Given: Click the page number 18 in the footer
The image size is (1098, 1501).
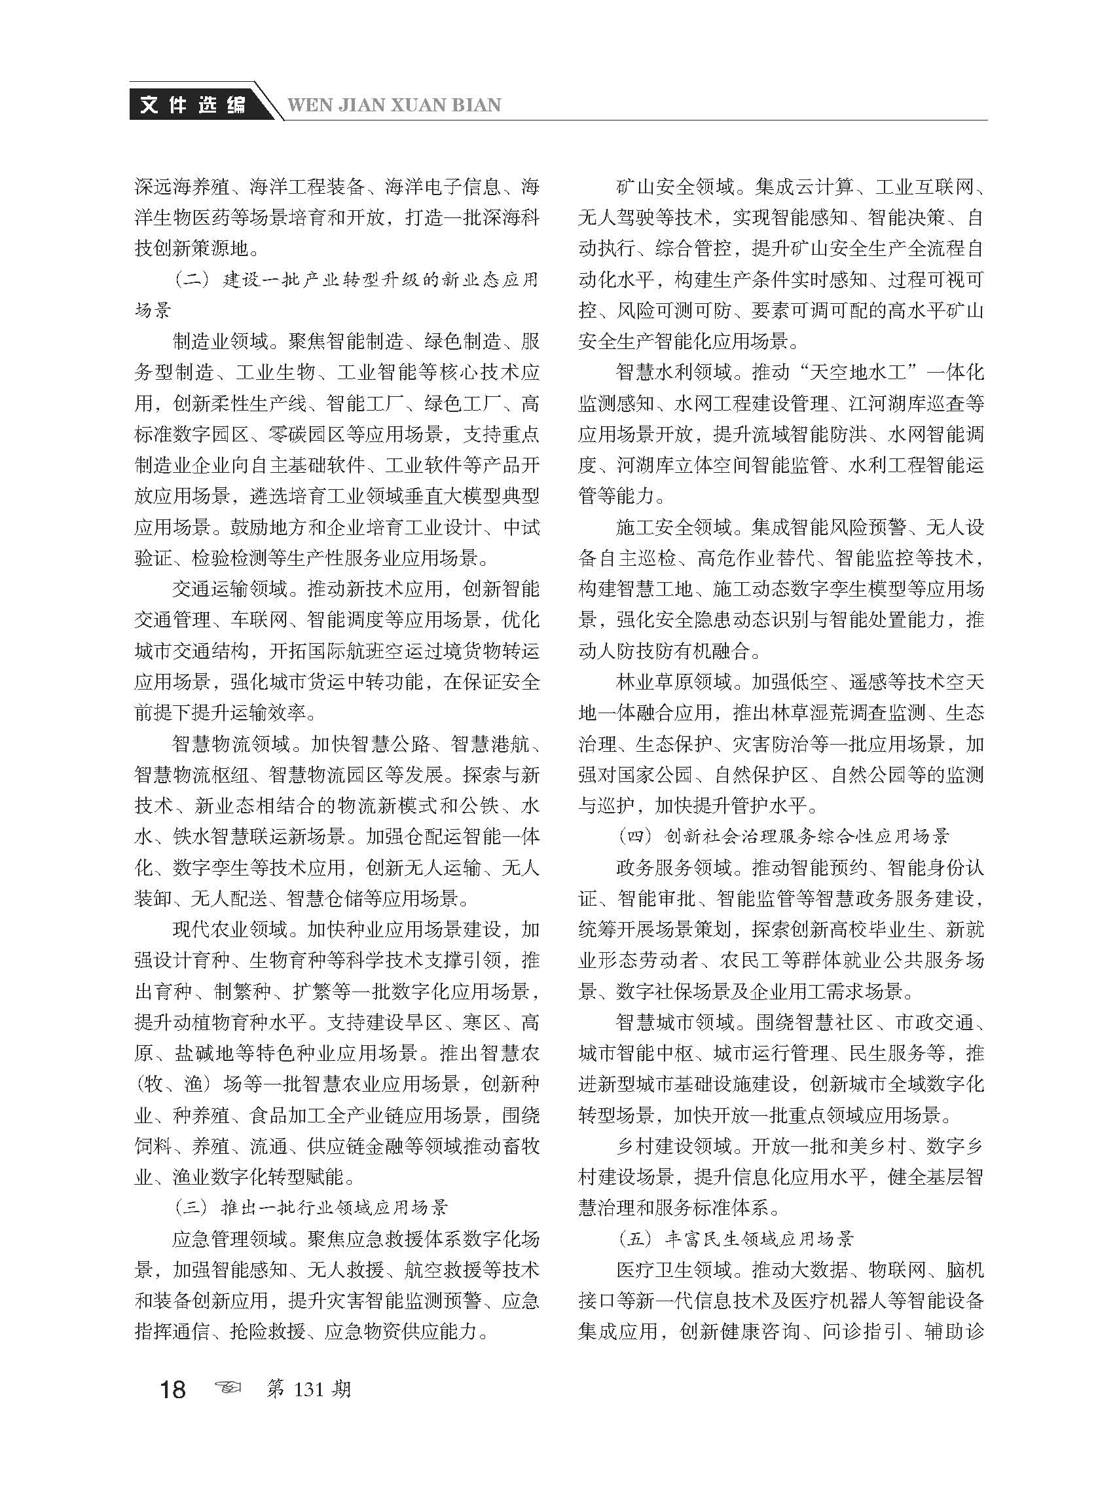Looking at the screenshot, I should click(x=172, y=1388).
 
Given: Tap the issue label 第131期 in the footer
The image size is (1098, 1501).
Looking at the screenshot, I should click(x=308, y=1388).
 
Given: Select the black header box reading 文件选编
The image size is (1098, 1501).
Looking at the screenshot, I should click(x=193, y=104).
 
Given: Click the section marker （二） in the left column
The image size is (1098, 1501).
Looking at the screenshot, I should click(x=192, y=280).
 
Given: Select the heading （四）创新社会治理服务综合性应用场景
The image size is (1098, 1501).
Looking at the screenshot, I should click(x=783, y=836).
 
